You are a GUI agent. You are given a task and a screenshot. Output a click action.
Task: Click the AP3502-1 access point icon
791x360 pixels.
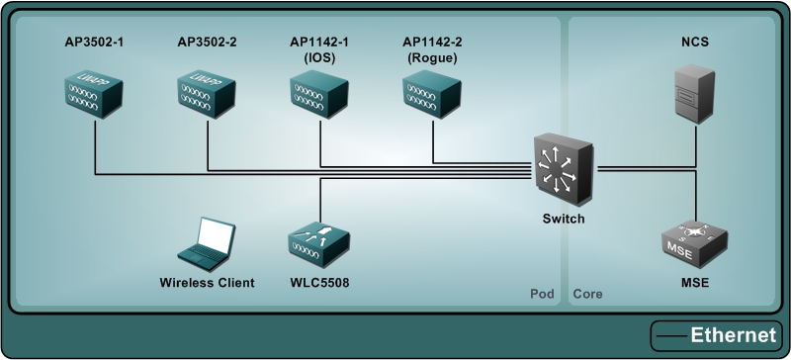point(93,92)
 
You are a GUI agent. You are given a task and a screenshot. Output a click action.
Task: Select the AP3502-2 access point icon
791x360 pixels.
point(207,92)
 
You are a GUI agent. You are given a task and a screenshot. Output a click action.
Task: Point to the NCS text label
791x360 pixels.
point(696,42)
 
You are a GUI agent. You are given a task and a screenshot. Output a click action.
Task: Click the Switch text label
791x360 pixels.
point(564,219)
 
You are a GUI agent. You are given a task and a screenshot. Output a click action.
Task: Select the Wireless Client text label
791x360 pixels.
point(207,283)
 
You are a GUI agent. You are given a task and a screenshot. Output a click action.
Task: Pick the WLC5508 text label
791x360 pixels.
point(319,283)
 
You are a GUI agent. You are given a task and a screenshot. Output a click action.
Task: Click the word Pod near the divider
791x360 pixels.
point(541,295)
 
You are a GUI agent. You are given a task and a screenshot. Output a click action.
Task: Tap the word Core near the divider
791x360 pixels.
point(587,295)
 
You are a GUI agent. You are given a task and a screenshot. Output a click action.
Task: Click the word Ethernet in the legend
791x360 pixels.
point(733,335)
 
